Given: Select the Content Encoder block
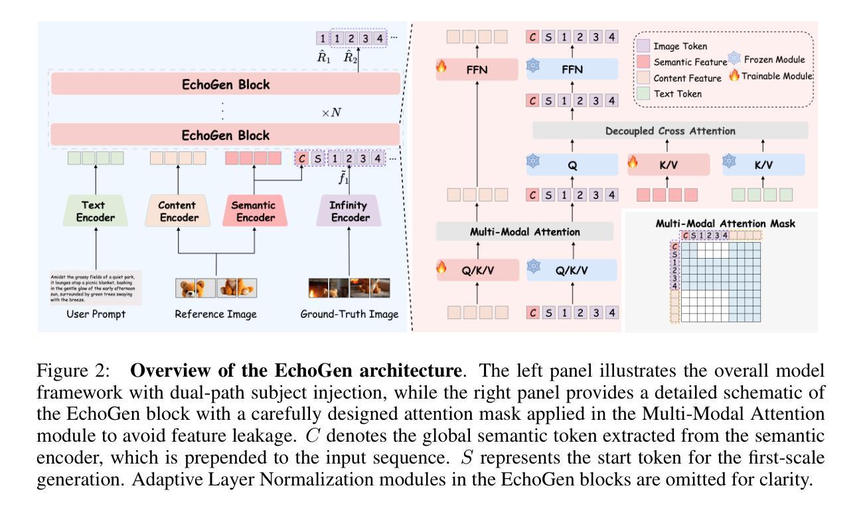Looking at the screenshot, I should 177,211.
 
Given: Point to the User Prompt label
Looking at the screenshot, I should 96,314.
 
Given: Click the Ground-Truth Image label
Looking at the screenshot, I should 349,314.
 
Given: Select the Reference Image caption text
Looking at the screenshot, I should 216,314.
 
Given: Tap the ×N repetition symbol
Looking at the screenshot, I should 333,113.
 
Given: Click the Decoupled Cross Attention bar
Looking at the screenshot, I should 670,131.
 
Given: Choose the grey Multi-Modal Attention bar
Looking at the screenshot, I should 524,231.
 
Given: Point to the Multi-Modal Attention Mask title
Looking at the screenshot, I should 725,223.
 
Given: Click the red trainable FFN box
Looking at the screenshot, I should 477,68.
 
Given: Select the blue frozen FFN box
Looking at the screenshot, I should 572,68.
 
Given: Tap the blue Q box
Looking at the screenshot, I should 572,166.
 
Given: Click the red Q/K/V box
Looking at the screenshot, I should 477,270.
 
